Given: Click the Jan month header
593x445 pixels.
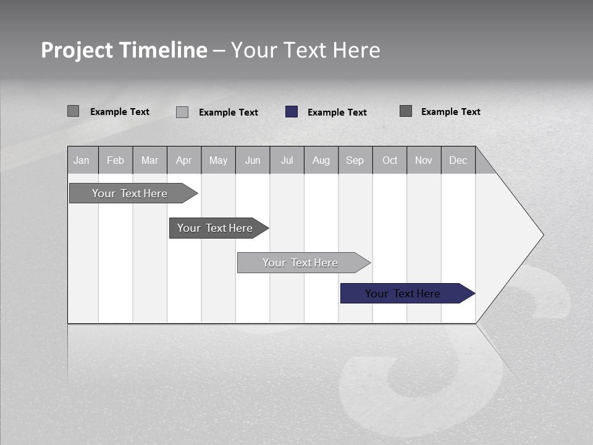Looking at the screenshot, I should point(82,161).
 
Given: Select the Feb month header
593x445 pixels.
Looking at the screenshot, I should point(116,161).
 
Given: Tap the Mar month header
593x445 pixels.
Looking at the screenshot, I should point(149,161).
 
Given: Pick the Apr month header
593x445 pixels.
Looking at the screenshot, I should point(184,161).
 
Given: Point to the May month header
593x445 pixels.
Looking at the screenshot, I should point(218,161).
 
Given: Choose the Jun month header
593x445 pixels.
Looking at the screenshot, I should point(253,161).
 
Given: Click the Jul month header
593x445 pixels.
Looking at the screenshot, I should point(287,161).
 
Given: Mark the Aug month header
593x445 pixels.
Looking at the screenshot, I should point(321,161).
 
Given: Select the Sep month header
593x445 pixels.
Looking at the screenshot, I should point(355,161).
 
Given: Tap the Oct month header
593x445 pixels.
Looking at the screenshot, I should point(390,161).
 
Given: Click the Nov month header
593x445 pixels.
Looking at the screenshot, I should point(424,161).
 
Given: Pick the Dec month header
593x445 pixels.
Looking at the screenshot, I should point(458,161).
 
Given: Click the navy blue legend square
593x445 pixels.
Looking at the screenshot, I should point(292,112).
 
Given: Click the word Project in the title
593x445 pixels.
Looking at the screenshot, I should point(77,50).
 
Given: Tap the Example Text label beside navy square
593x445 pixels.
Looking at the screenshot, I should point(337,112).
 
